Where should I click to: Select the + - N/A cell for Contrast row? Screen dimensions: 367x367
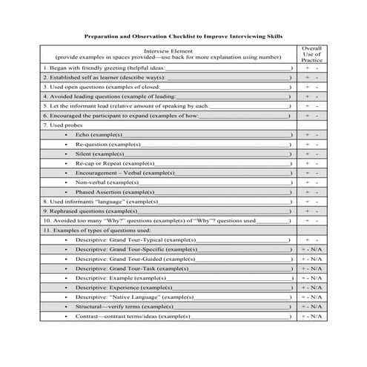311,317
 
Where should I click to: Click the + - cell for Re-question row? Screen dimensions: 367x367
311,144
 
